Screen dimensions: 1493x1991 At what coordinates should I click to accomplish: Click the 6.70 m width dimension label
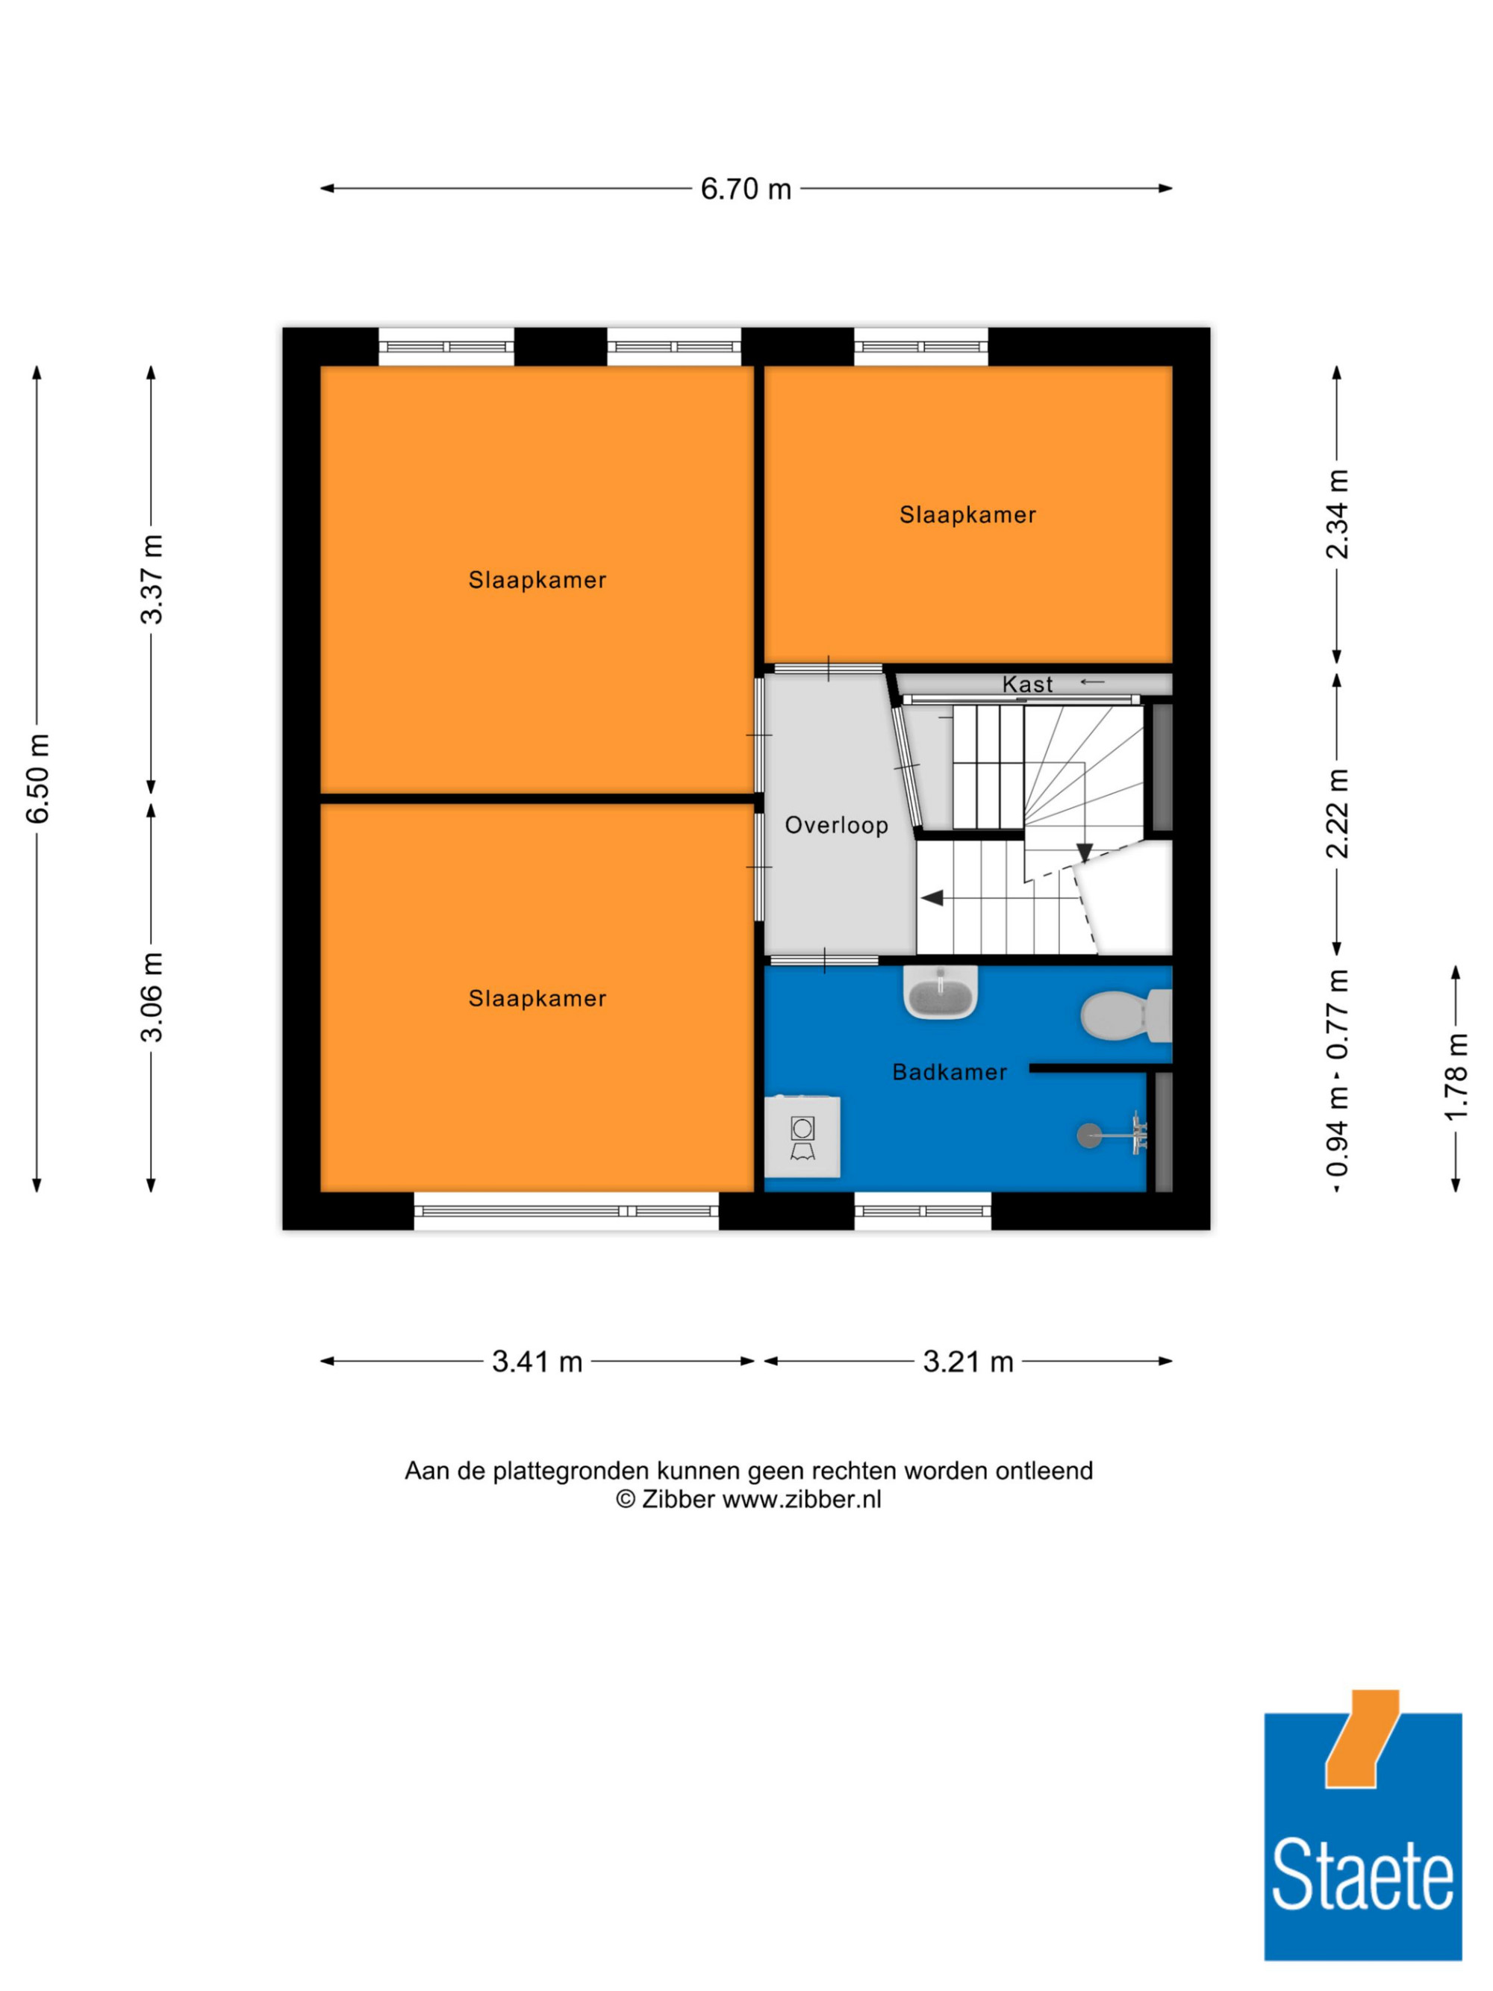pos(745,189)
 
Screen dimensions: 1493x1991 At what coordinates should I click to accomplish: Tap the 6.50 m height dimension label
pos(38,779)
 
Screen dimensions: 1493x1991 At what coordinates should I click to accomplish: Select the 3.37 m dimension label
pos(152,579)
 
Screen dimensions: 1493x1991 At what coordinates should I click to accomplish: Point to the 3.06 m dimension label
pos(152,997)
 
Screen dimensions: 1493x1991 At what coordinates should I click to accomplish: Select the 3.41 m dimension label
pos(537,1361)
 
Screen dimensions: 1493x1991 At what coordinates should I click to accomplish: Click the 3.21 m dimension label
pos(968,1361)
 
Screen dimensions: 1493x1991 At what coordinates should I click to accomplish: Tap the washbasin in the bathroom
pos(941,993)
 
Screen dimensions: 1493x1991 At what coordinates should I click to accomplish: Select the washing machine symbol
pos(802,1136)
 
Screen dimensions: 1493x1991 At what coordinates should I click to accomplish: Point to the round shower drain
pos(1089,1136)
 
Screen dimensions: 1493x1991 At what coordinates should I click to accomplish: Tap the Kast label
pos(1027,685)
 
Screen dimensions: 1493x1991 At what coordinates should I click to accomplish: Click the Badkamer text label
pos(950,1072)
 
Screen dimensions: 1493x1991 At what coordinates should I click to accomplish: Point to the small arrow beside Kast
pos(1091,682)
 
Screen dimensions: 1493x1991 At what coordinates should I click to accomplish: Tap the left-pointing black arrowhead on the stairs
pos(932,898)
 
